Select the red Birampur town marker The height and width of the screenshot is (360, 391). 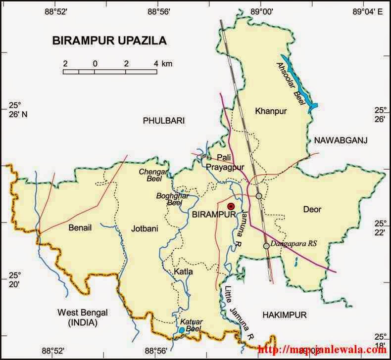(231, 206)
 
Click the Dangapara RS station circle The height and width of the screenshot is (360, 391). (266, 246)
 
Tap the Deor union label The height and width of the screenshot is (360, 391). (312, 210)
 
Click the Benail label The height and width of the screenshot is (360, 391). (80, 228)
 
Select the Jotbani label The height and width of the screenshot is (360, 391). (145, 228)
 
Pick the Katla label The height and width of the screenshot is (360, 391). (183, 272)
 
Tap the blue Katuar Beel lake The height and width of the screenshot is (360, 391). (182, 330)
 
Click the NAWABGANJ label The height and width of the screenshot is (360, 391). (341, 141)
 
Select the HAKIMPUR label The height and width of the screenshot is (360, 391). (285, 315)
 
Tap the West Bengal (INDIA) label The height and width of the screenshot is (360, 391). (83, 317)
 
